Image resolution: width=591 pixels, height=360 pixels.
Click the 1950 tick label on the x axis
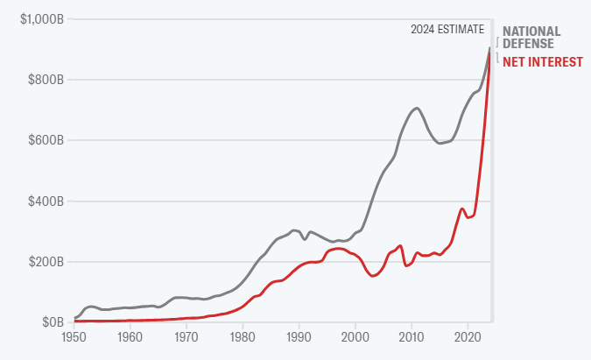tap(74, 337)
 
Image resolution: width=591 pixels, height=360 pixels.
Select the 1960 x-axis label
tap(130, 337)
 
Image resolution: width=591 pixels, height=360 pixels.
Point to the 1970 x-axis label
tap(186, 337)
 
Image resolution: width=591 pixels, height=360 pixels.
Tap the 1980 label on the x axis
tap(243, 337)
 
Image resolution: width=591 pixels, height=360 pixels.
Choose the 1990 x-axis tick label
tap(299, 337)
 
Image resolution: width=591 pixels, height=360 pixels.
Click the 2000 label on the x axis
tap(355, 337)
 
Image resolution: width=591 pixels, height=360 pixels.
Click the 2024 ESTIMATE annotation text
tap(447, 30)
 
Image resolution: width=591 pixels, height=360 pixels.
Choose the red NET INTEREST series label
tap(541, 61)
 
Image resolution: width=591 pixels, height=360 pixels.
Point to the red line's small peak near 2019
tap(462, 208)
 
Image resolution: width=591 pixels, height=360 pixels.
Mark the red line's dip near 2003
tap(372, 276)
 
